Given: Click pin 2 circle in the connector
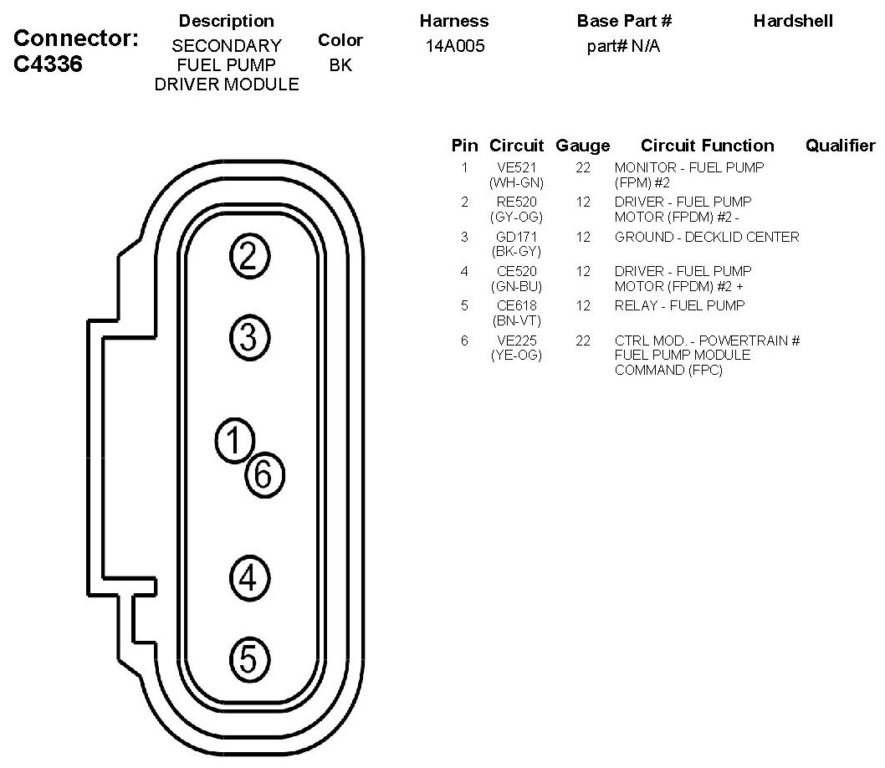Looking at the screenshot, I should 248,258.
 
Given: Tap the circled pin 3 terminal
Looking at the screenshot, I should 248,338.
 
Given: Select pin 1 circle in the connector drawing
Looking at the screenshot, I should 234,440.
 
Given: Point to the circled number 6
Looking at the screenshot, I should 264,475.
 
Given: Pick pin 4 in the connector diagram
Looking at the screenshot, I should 248,577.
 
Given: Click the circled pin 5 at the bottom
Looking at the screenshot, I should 248,659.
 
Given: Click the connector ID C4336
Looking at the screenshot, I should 50,64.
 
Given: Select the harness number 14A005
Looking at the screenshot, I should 454,46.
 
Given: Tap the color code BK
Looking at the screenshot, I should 340,64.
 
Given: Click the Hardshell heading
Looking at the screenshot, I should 792,21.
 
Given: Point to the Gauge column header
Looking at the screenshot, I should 583,146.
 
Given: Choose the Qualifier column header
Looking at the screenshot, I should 839,146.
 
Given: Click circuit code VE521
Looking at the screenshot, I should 516,167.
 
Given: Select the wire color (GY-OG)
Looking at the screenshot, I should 516,217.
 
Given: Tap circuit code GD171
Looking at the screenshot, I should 516,237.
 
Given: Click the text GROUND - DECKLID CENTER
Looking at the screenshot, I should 707,237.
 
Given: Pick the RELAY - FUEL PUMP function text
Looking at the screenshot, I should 679,305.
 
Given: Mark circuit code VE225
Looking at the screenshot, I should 516,340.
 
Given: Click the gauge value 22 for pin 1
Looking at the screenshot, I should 583,167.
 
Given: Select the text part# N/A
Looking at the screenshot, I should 623,46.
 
